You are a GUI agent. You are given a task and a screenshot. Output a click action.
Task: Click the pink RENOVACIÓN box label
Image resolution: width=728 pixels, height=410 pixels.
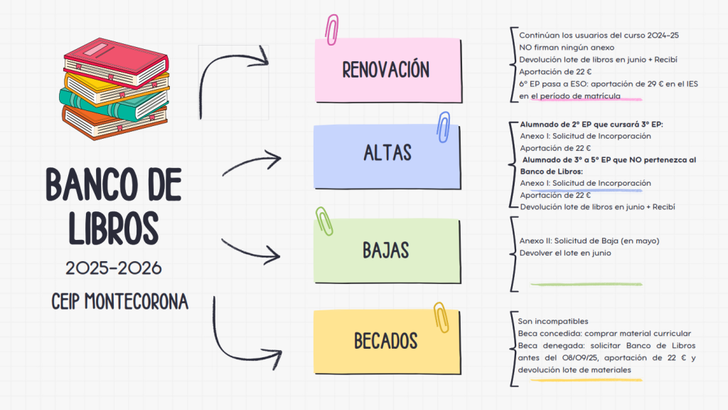[x=386, y=70]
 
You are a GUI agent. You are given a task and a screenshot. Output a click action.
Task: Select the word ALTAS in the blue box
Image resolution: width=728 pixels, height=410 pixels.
[x=387, y=152]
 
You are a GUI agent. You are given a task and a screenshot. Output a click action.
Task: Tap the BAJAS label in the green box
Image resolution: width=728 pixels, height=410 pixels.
[x=386, y=251]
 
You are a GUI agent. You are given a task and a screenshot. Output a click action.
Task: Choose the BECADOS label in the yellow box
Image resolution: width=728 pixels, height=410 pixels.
[x=386, y=341]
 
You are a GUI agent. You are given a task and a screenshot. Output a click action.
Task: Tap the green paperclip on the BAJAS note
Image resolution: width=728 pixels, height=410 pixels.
[x=325, y=221]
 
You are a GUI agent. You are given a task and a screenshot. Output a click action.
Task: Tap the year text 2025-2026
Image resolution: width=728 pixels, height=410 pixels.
[x=114, y=268]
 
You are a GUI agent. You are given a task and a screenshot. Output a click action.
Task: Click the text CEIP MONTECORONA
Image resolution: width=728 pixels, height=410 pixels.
[x=119, y=302]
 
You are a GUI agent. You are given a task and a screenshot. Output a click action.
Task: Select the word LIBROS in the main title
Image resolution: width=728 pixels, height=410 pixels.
[x=114, y=226]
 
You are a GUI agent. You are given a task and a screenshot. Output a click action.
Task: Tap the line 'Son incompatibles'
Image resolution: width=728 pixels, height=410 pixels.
[x=554, y=321]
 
